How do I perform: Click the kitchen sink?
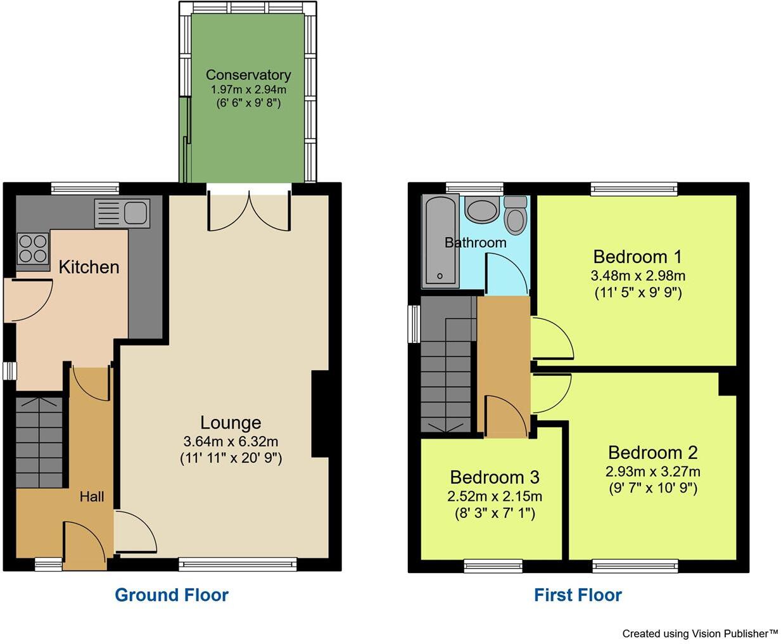[x=122, y=213]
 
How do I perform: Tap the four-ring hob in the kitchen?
[x=33, y=248]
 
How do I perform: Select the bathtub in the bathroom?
[x=440, y=241]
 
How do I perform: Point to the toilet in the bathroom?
[x=516, y=216]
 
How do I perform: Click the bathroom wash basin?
[x=482, y=210]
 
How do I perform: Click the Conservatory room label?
[x=248, y=75]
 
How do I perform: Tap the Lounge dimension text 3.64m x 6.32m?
[x=231, y=441]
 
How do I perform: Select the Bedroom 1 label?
[x=637, y=257]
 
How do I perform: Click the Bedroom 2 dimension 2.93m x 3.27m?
[x=652, y=472]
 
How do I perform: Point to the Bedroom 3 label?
[x=495, y=477]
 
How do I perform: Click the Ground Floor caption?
[x=172, y=595]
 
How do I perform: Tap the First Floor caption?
[x=578, y=595]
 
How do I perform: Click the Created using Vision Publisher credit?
[x=699, y=633]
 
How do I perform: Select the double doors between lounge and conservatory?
[x=250, y=209]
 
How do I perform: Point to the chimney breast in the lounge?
[x=320, y=414]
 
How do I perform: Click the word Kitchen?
[x=89, y=267]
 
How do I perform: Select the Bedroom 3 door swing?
[x=505, y=416]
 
